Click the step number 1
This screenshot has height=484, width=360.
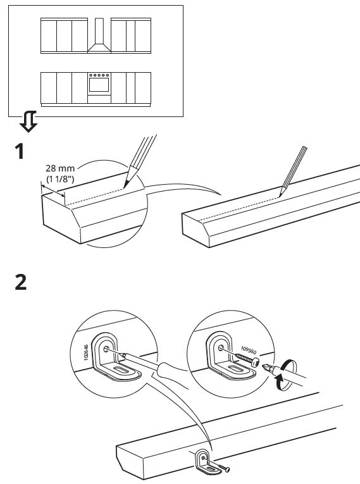click(20, 151)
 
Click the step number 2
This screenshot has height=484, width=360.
click(21, 282)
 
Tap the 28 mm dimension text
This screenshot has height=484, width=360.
click(60, 168)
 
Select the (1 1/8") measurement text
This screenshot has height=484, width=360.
click(60, 178)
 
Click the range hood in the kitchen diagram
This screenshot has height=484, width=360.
click(99, 35)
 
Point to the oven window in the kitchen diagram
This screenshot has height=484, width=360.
click(99, 85)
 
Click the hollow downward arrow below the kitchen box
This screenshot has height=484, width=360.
click(28, 121)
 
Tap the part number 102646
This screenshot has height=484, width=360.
click(86, 352)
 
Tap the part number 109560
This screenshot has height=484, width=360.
click(249, 351)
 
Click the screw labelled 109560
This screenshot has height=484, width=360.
click(247, 359)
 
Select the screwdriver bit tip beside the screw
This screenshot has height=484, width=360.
click(266, 368)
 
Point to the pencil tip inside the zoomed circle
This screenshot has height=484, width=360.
click(125, 186)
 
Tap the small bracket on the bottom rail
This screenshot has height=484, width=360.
click(206, 462)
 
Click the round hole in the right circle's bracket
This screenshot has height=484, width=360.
click(221, 348)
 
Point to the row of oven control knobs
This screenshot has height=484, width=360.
click(99, 75)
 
